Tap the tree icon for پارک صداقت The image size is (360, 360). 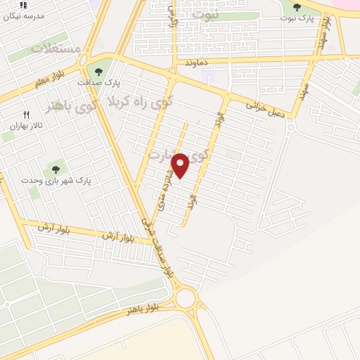pos(98,70)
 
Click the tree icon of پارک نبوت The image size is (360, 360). pos(297,8)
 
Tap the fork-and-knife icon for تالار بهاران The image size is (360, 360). pos(27,114)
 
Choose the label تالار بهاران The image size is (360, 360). pos(27,126)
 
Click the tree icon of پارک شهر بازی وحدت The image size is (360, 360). pos(55,169)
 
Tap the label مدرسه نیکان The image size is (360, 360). pos(30,15)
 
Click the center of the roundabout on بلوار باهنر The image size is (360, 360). pos(186,299)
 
